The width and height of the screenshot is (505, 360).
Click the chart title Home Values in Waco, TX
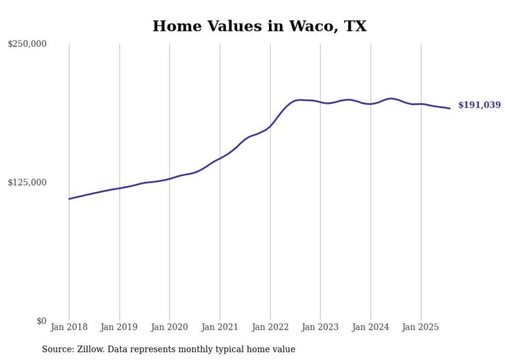tap(259, 26)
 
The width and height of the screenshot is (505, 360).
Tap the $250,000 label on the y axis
tap(27, 44)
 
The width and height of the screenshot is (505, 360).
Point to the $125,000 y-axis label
tap(27, 182)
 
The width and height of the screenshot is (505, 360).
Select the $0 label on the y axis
tap(41, 321)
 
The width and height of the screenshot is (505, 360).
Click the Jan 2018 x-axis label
tap(69, 327)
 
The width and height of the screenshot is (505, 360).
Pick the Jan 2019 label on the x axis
tap(120, 327)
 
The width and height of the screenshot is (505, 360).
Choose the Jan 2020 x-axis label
tap(170, 327)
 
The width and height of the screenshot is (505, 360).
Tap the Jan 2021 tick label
tap(220, 327)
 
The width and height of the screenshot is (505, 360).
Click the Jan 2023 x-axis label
tap(321, 327)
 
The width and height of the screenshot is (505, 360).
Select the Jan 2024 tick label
tap(371, 327)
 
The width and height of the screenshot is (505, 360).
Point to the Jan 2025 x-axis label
tap(421, 327)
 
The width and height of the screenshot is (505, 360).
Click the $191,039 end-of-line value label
tap(479, 105)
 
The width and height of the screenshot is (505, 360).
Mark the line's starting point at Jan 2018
tap(69, 199)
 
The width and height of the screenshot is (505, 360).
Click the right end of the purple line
tap(450, 108)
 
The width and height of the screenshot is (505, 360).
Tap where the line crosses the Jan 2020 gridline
tap(170, 179)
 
